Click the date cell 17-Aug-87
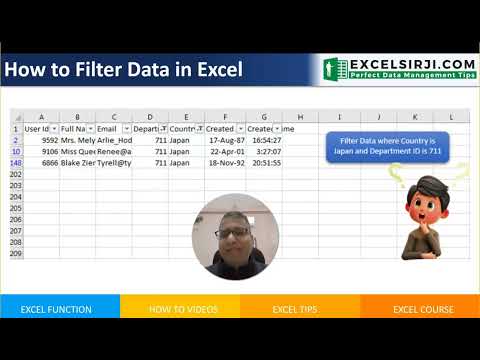222,141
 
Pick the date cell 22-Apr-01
222,152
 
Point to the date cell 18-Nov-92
222,163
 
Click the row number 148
15,163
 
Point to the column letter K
414,117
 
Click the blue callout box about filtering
387,148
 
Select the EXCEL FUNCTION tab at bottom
59,309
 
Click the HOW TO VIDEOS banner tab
179,309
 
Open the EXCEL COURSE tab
420,309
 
